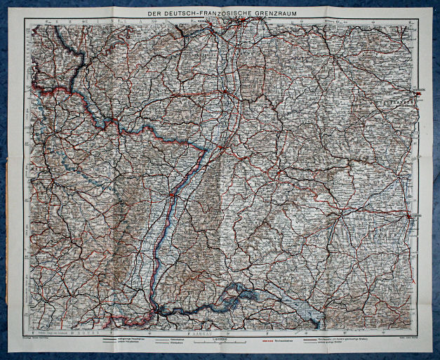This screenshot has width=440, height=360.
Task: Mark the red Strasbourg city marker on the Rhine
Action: click(171, 194)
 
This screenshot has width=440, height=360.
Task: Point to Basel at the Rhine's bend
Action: click(156, 308)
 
